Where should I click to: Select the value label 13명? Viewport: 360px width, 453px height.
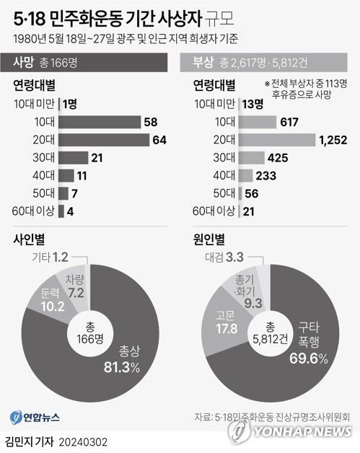coord(253,105)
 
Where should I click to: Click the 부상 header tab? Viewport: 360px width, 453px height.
coord(203,63)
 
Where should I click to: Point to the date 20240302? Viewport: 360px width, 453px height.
coord(84,441)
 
